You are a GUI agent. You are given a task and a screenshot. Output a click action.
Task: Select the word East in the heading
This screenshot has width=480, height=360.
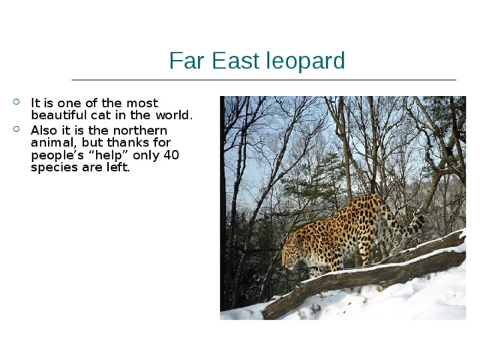point(230,61)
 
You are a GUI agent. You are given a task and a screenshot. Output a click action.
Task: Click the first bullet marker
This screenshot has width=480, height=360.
point(17,103)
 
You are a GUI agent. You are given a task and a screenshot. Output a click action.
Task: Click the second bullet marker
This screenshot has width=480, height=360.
point(17,130)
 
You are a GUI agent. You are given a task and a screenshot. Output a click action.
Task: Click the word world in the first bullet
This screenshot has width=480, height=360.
point(174,115)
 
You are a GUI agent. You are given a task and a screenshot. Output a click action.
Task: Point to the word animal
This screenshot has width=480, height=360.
point(50,142)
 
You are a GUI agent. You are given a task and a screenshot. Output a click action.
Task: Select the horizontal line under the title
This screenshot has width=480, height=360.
point(262,79)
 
